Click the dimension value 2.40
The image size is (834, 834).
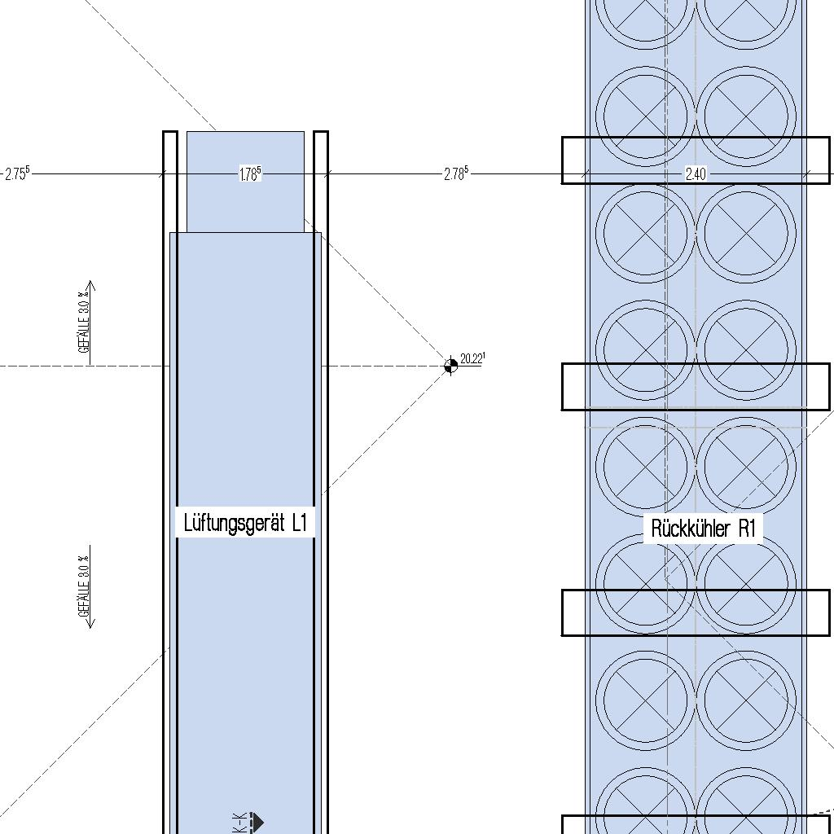pyautogui.click(x=696, y=173)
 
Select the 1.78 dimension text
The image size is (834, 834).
pyautogui.click(x=250, y=173)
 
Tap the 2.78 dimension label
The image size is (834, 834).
pyautogui.click(x=456, y=173)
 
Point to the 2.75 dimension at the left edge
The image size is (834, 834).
pyautogui.click(x=16, y=173)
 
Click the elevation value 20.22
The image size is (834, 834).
pyautogui.click(x=472, y=358)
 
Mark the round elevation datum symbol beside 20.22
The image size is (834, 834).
pyautogui.click(x=450, y=366)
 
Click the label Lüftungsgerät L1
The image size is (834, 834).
pyautogui.click(x=245, y=522)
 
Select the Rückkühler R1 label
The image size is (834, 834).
pyautogui.click(x=704, y=528)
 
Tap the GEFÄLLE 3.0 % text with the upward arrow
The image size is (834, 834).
pyautogui.click(x=82, y=323)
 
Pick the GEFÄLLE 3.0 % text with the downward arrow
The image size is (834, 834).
pyautogui.click(x=82, y=586)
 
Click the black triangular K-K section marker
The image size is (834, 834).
pyautogui.click(x=257, y=822)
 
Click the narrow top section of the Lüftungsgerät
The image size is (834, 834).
pyautogui.click(x=245, y=182)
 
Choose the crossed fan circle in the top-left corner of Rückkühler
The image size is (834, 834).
pyautogui.click(x=646, y=12)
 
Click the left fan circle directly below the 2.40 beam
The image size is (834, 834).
pyautogui.click(x=646, y=234)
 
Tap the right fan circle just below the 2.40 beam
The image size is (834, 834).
pyautogui.click(x=747, y=234)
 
